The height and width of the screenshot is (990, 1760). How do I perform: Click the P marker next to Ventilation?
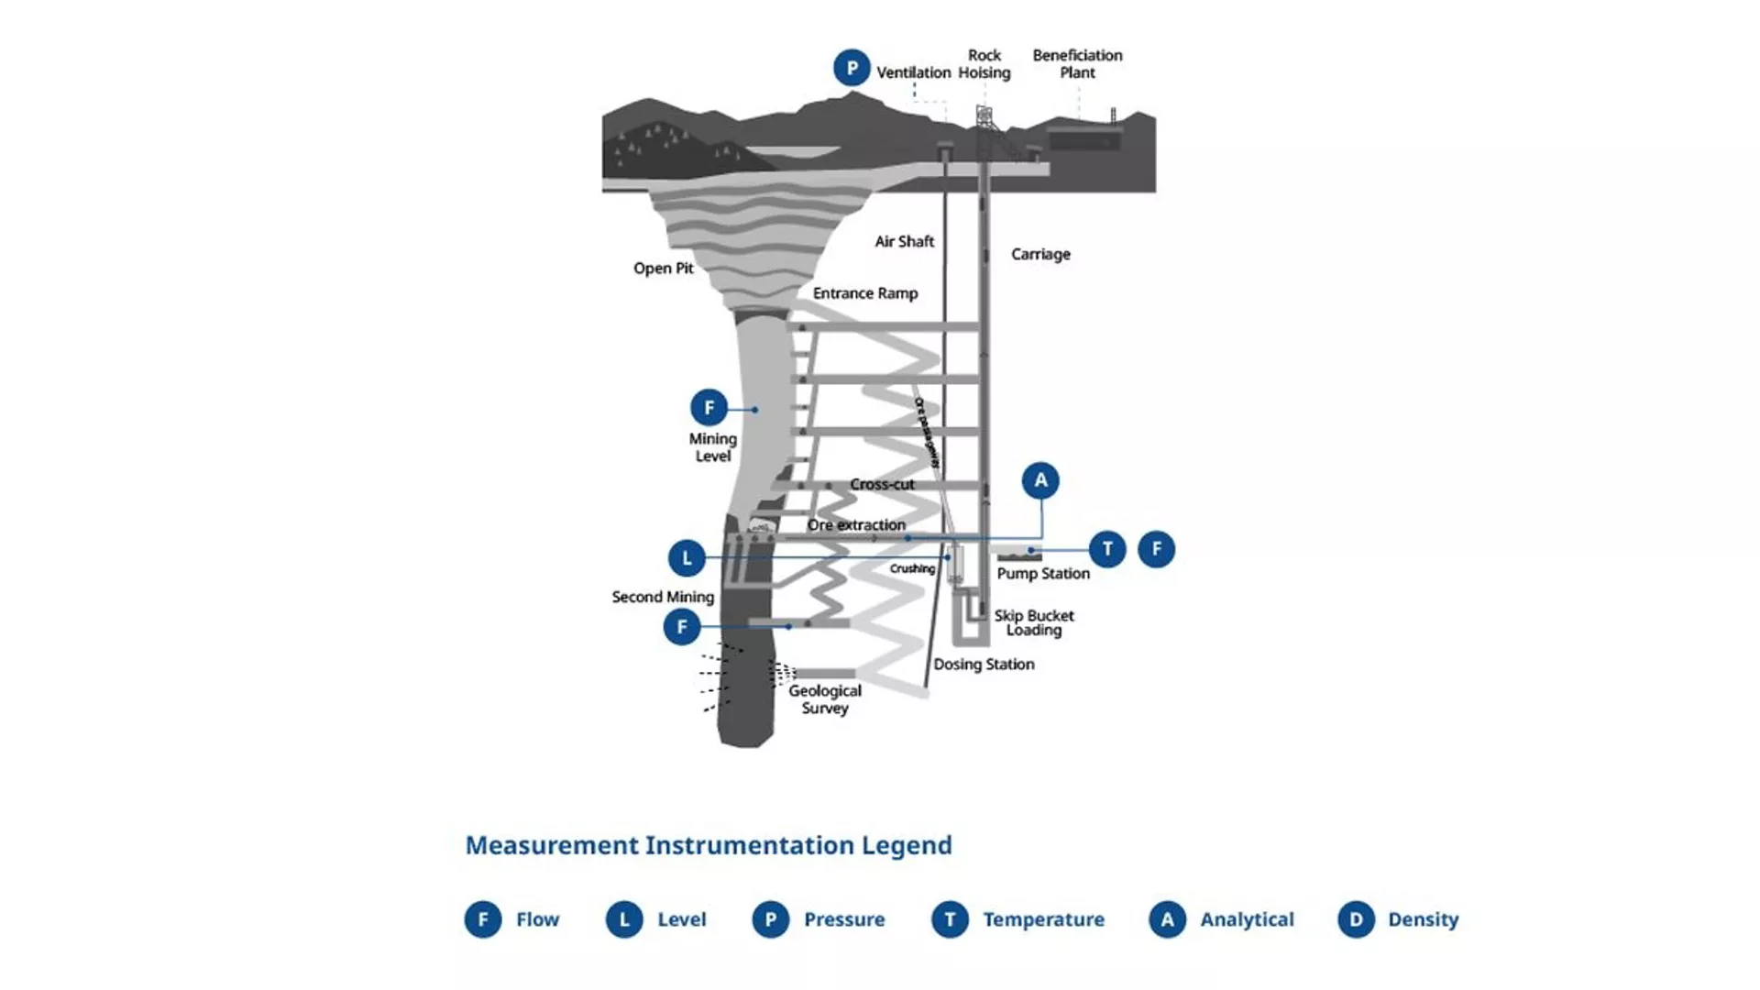point(852,68)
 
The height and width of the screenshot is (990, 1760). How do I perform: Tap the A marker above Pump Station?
point(1040,480)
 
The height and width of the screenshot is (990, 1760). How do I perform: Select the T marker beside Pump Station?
point(1107,549)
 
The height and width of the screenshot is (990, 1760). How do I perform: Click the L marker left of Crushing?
point(687,557)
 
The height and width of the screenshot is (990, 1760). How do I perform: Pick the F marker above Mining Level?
point(709,408)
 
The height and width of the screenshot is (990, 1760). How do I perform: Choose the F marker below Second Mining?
point(681,627)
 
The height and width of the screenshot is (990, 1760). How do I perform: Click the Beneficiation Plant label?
point(1077,64)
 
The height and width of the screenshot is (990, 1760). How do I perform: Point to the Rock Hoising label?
point(984,64)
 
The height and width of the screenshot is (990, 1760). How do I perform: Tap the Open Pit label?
point(663,269)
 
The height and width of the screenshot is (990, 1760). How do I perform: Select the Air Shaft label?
point(904,242)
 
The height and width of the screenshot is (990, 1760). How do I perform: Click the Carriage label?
point(1040,255)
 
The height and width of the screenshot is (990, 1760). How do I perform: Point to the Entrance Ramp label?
point(864,293)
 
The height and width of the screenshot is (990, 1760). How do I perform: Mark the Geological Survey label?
point(825,699)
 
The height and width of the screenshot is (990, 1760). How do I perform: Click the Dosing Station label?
point(984,665)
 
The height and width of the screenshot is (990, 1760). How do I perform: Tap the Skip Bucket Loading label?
point(1034,623)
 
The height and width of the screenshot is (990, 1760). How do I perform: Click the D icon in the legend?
point(1356,919)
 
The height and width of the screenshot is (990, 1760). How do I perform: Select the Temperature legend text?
point(1043,919)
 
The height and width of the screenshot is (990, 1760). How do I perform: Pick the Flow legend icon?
point(483,919)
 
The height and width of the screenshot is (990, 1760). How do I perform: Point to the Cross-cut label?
point(882,484)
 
